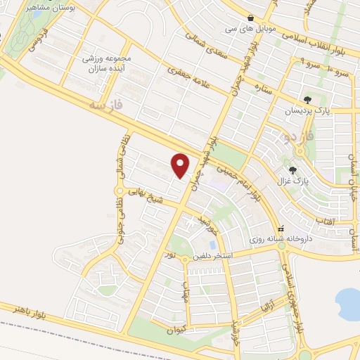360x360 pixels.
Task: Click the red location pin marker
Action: [181, 165]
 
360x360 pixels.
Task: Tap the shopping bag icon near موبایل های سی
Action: [251, 17]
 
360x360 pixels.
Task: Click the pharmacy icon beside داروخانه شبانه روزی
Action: [281, 229]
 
